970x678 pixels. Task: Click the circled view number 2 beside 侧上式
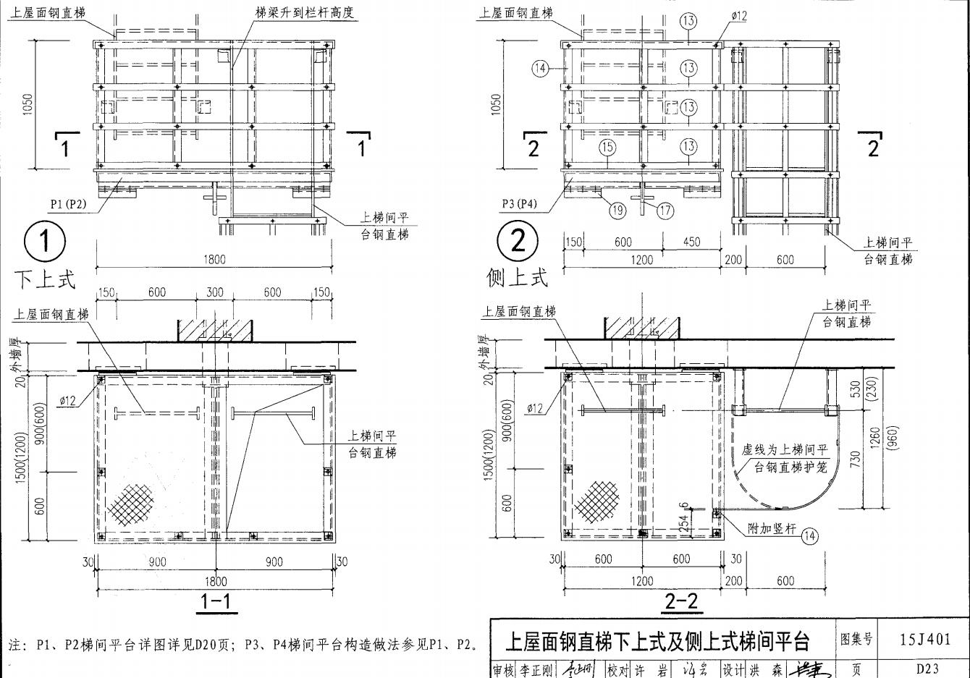pos(518,240)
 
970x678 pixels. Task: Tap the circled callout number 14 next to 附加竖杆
pos(809,535)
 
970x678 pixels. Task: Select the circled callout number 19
pos(617,211)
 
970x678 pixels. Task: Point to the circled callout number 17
pos(665,211)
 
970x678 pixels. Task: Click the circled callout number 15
pos(607,147)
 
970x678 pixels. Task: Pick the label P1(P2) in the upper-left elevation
pos(68,204)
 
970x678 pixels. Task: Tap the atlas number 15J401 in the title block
pos(924,639)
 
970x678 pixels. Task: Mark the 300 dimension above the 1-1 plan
pos(215,292)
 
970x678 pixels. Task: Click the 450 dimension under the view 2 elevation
pos(691,242)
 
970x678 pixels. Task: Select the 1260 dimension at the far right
pos(876,438)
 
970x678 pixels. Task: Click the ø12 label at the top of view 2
pos(738,16)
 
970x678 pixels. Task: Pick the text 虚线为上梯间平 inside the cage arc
pos(784,450)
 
